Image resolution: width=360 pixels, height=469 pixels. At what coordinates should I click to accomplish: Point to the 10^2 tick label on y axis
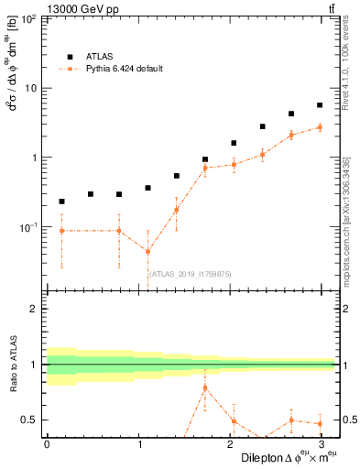coord(29,19)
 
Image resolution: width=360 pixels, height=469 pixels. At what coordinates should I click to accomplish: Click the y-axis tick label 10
coord(32,88)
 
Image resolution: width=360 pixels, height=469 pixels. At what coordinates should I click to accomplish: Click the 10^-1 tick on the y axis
coord(29,226)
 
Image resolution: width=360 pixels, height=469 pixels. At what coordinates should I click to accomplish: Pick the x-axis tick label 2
coord(233,444)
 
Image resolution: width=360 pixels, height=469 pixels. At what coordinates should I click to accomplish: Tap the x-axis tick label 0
coord(47,444)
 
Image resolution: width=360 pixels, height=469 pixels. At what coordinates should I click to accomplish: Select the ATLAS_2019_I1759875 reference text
coord(191,274)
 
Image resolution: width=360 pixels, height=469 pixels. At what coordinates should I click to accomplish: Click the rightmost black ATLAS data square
coord(319,105)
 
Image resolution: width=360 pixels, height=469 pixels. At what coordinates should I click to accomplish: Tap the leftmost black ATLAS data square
coord(61,202)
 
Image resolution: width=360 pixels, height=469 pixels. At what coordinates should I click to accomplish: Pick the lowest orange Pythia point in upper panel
coord(147,252)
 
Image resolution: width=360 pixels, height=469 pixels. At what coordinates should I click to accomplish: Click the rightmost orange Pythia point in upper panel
coord(319,127)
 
